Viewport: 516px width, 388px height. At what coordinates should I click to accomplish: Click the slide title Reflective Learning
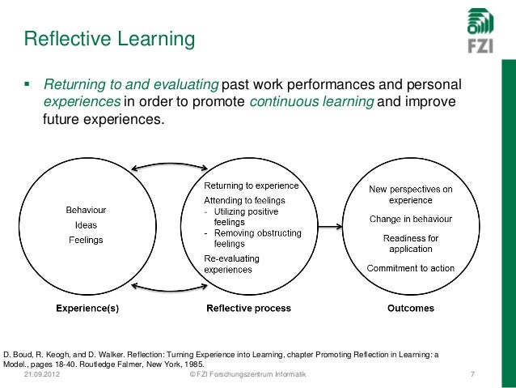[109, 38]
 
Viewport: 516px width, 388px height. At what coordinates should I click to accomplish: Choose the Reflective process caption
[249, 309]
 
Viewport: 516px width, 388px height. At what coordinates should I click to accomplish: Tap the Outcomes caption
[410, 309]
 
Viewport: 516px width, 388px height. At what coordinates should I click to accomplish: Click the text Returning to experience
[250, 185]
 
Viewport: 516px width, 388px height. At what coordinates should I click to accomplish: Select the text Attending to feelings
[243, 199]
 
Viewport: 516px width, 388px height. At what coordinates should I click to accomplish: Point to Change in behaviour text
[410, 219]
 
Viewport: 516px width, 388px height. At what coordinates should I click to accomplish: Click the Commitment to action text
[410, 268]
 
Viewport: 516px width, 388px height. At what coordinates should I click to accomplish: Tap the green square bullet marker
[28, 84]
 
